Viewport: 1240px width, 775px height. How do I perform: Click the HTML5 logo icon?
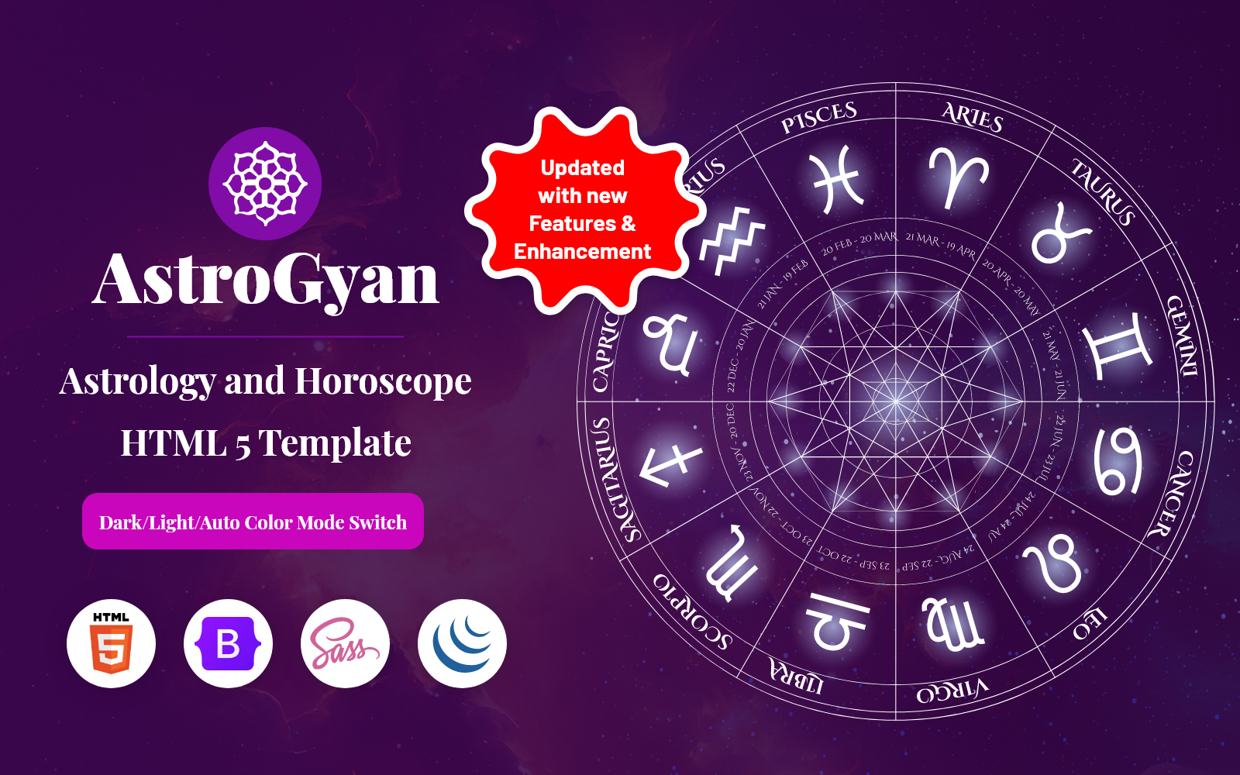tap(112, 643)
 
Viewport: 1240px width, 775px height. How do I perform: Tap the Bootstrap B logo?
tap(228, 643)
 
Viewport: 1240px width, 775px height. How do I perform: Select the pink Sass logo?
tap(345, 643)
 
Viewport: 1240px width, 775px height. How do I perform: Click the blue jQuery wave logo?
tap(462, 643)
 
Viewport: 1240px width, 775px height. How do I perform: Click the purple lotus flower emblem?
tap(265, 184)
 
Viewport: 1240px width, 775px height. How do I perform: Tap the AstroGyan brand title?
tap(266, 279)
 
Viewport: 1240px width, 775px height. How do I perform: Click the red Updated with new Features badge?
tap(583, 209)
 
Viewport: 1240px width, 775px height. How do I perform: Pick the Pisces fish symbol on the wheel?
tap(836, 180)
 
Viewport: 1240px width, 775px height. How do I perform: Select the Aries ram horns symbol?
tap(958, 177)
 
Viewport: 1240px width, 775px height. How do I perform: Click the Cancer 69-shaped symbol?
tap(1118, 460)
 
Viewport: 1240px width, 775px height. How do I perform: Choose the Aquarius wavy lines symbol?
tap(731, 240)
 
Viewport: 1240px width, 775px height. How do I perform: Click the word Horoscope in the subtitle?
tap(383, 381)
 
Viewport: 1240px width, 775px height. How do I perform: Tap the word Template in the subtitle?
tap(335, 443)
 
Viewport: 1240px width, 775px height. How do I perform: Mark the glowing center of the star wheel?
tap(896, 401)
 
